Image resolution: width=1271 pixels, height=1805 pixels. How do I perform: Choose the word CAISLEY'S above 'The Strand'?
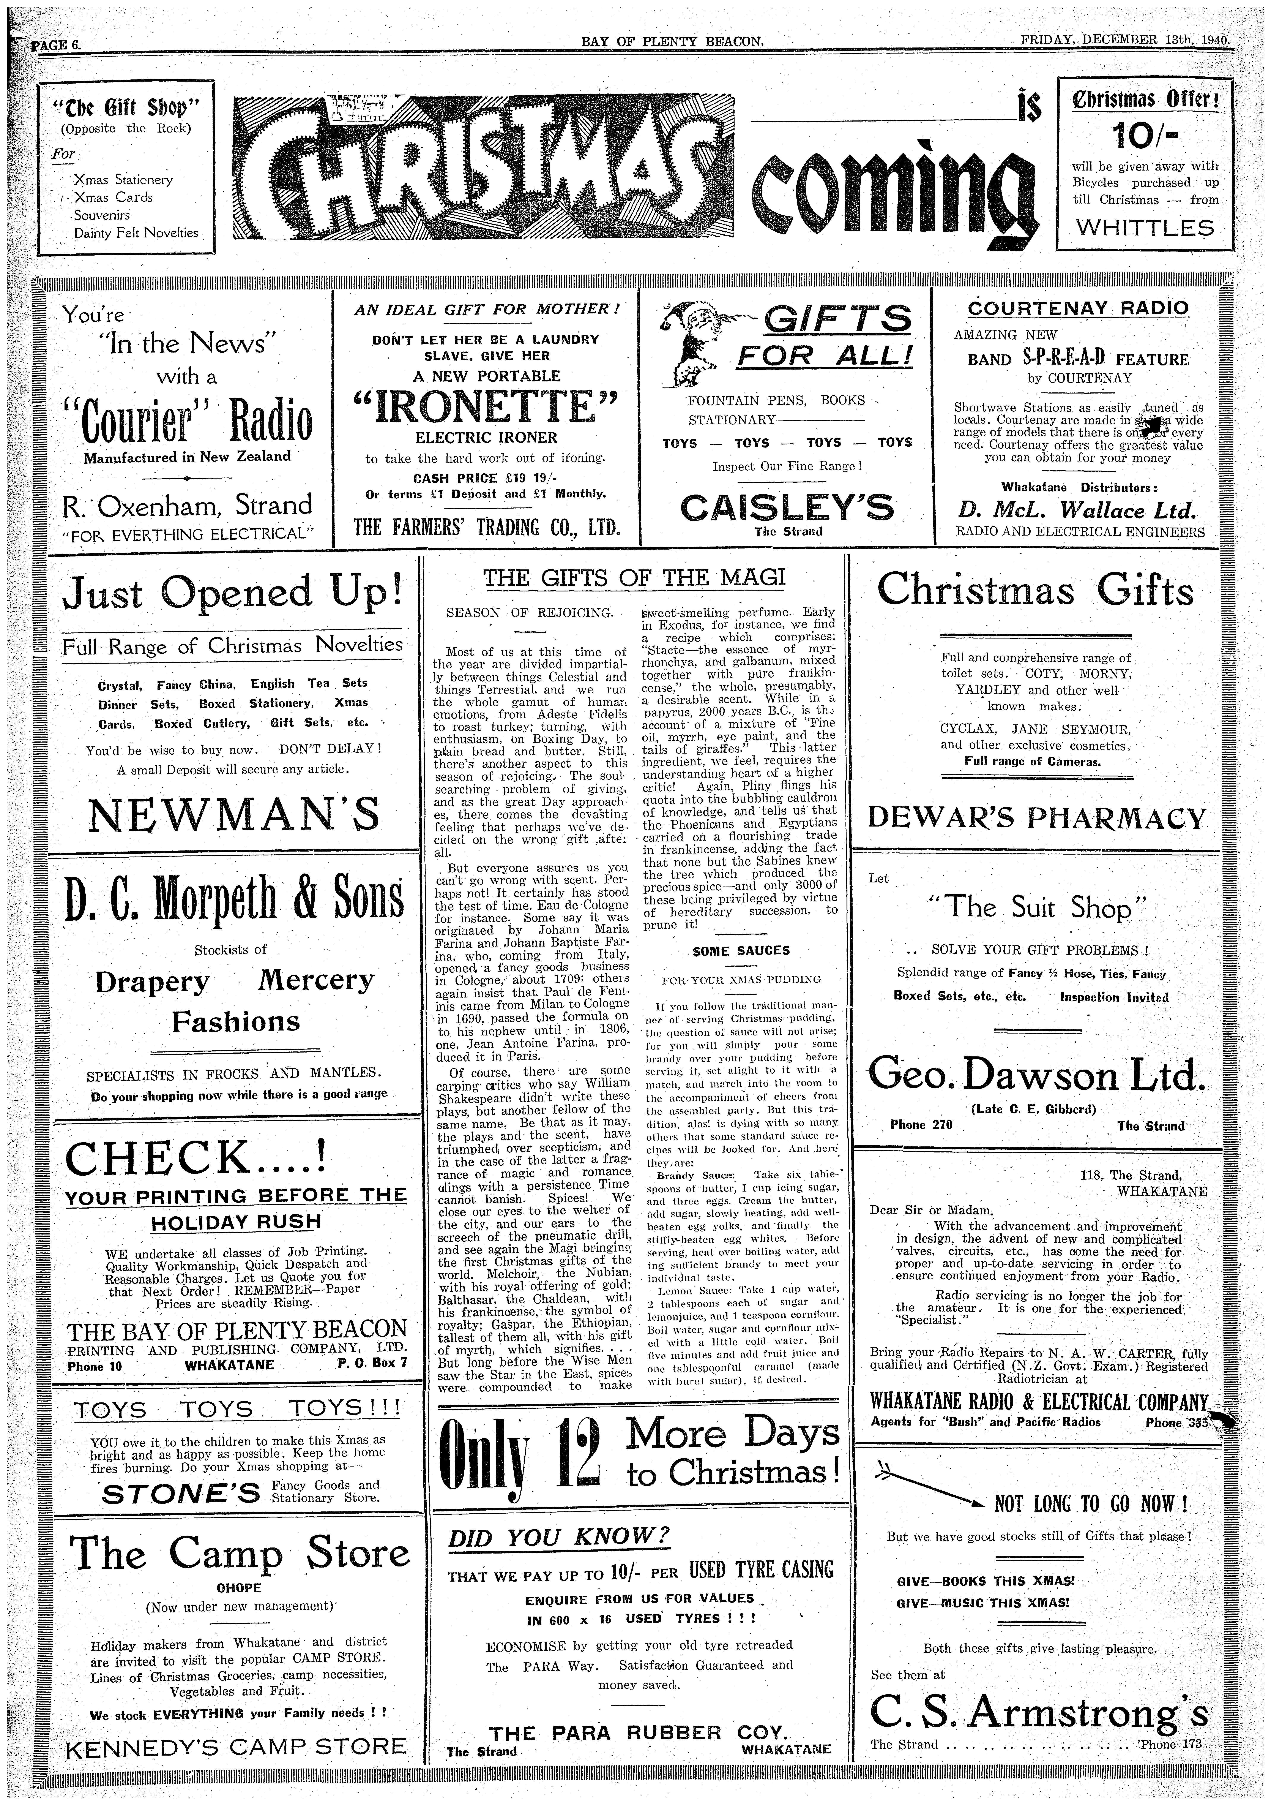click(x=787, y=507)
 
